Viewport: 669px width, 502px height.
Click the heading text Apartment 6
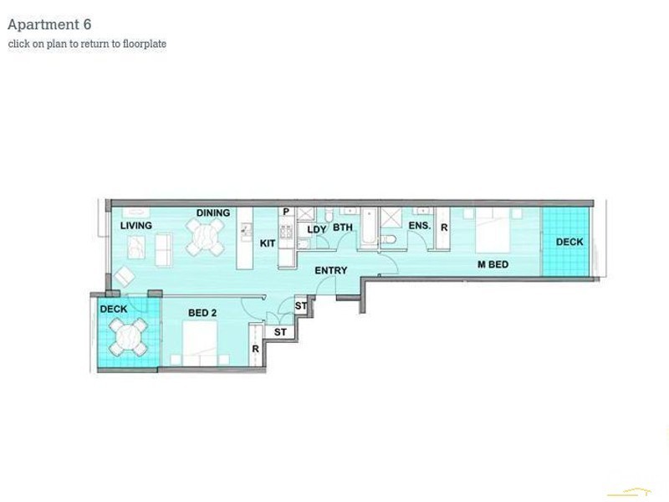coord(49,25)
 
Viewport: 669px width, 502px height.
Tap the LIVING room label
coord(135,226)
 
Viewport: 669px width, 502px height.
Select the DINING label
coord(213,213)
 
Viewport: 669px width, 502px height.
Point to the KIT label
coord(268,243)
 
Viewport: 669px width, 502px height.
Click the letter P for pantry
coord(286,213)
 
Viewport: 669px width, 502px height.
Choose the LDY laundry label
coord(316,229)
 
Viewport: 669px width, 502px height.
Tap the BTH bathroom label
coord(343,228)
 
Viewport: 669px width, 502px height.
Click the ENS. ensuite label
coord(419,226)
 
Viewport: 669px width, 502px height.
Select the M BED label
coord(493,265)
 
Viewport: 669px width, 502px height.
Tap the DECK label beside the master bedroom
coord(569,243)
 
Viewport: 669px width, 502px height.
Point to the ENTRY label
coord(330,270)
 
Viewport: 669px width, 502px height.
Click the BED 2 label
coord(202,313)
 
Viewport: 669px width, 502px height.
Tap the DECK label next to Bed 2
coord(114,310)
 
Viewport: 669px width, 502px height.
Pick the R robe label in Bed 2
coord(254,349)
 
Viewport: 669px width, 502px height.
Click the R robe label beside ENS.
coord(443,228)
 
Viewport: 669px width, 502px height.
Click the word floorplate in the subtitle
coord(142,44)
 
